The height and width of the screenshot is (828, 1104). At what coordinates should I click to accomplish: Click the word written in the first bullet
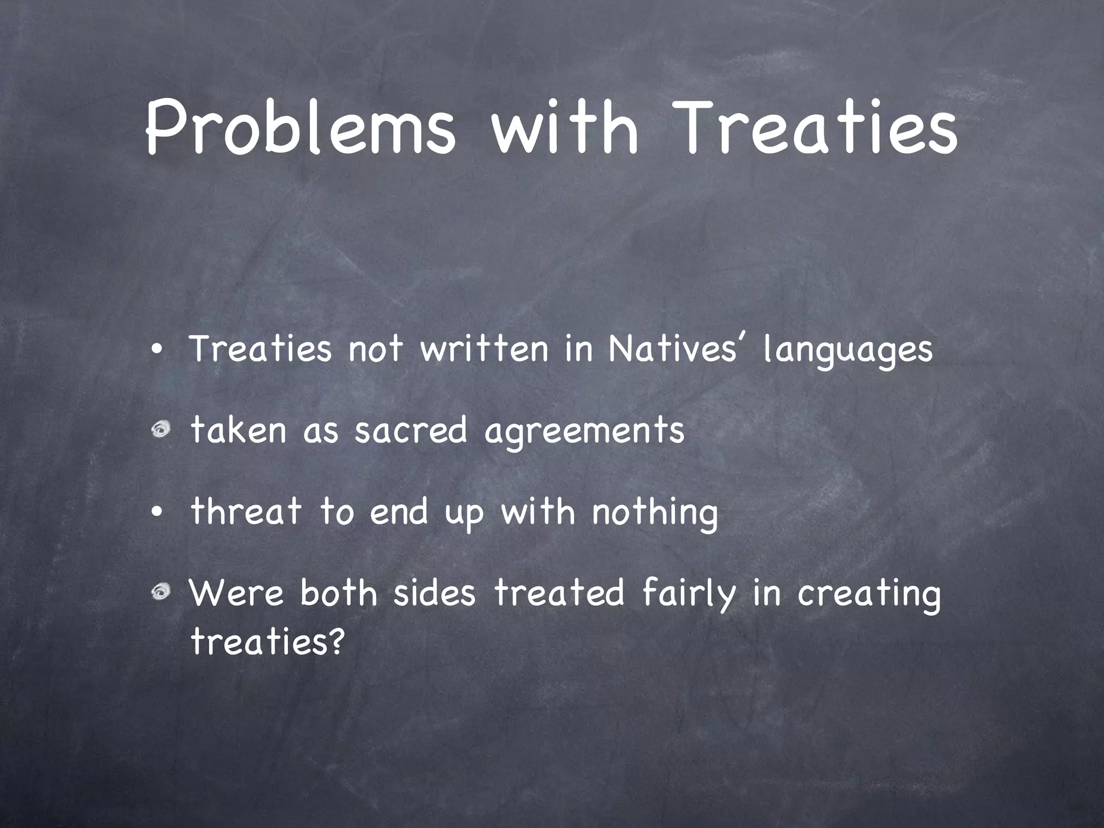[484, 349]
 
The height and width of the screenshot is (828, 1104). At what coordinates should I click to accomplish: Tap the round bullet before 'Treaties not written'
[156, 350]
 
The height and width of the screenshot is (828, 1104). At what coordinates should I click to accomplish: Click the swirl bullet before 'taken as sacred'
[160, 430]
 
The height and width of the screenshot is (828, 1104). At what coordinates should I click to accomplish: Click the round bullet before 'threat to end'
[156, 512]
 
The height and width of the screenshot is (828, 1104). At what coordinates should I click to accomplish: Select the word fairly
[689, 594]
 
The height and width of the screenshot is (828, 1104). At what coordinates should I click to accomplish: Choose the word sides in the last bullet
[434, 593]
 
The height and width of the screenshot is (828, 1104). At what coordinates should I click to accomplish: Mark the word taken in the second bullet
[238, 431]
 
